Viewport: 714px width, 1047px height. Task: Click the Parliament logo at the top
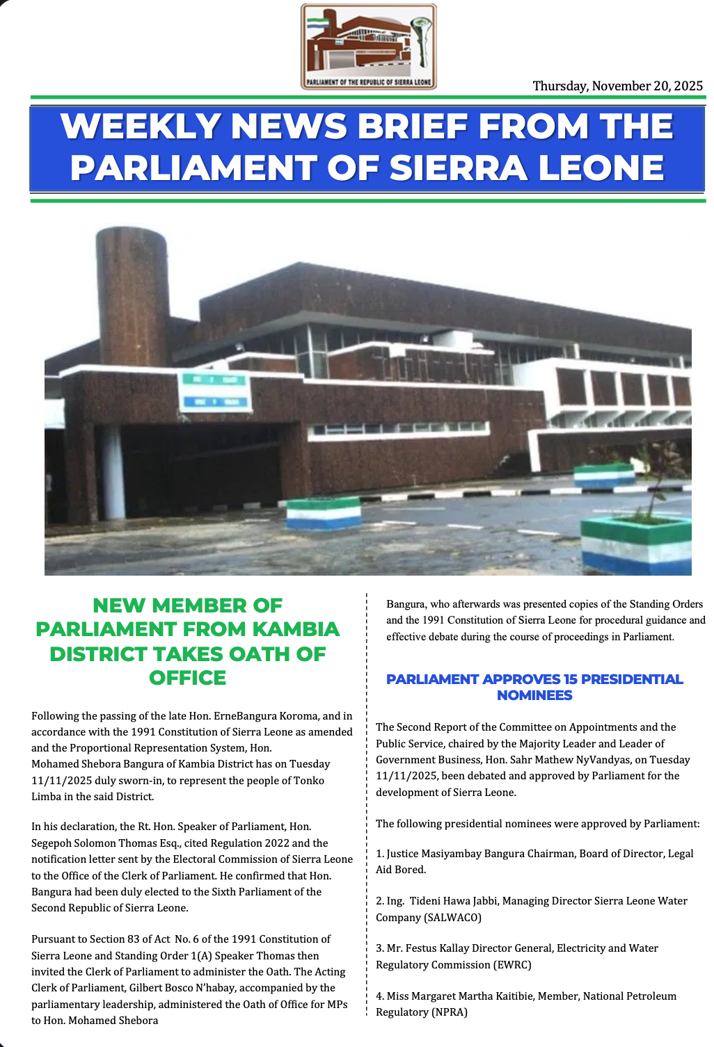(x=368, y=47)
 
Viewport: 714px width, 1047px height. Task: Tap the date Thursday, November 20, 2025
(x=617, y=86)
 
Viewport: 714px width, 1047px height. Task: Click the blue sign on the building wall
(x=214, y=391)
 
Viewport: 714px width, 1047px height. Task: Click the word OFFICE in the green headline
(x=187, y=678)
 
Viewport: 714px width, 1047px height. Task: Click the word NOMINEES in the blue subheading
(x=534, y=695)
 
